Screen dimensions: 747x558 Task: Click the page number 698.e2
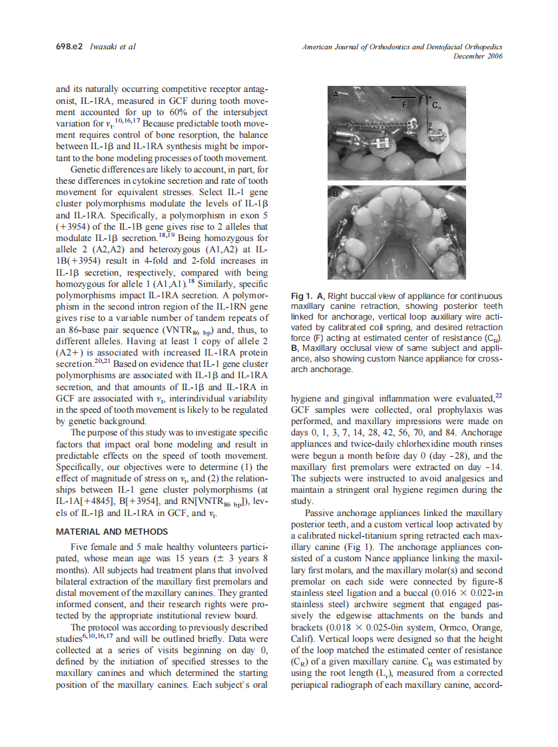coord(69,47)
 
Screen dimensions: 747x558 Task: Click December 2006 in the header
coord(477,57)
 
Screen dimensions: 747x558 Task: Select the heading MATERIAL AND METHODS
coord(112,532)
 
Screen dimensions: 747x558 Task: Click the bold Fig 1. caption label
coord(304,296)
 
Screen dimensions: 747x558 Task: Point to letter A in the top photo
coord(336,96)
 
